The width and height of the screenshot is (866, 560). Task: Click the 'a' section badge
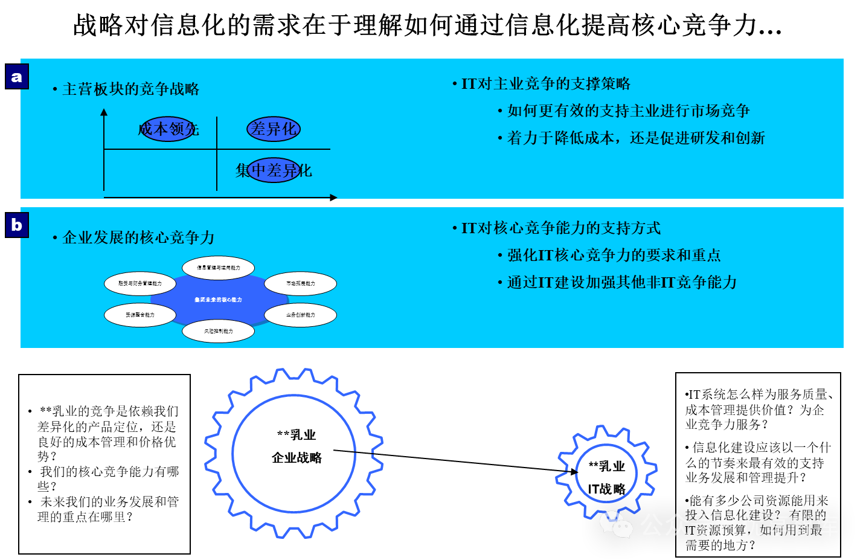[x=17, y=77]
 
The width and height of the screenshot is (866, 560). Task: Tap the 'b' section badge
[x=17, y=225]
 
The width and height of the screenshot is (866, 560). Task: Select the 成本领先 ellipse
[x=168, y=129]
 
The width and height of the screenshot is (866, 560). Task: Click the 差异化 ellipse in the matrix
[x=274, y=129]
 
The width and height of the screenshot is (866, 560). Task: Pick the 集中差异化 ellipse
[x=274, y=170]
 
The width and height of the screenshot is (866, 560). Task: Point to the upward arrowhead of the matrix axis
[x=104, y=112]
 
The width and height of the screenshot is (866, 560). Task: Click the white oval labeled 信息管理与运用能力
[x=218, y=268]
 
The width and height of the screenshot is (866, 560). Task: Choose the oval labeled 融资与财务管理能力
[x=140, y=283]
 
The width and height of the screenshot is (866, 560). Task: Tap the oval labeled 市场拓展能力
[x=300, y=283]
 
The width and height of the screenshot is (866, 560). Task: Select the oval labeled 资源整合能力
[x=140, y=315]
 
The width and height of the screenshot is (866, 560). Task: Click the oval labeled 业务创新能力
[x=300, y=315]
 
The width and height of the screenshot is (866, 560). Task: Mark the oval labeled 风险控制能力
[x=218, y=331]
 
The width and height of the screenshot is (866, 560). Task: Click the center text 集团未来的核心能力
[x=218, y=300]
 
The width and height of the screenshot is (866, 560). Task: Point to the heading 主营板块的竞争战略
[x=130, y=89]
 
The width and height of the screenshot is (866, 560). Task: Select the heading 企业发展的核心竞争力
[x=138, y=237]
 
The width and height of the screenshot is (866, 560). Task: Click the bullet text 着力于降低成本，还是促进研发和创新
[x=636, y=138]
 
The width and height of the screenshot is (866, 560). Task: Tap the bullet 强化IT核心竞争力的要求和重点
[x=614, y=256]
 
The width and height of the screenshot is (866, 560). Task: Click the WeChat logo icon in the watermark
[x=615, y=524]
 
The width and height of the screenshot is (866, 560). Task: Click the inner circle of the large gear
[x=293, y=453]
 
